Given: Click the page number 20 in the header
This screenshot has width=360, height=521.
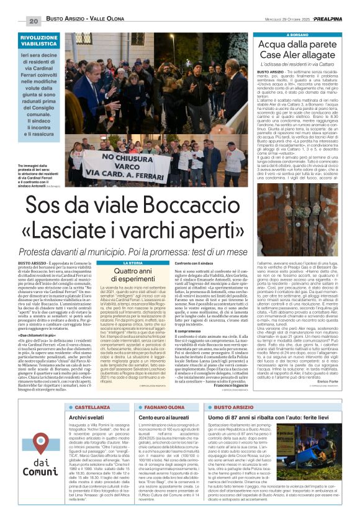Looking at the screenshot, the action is [33, 21].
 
